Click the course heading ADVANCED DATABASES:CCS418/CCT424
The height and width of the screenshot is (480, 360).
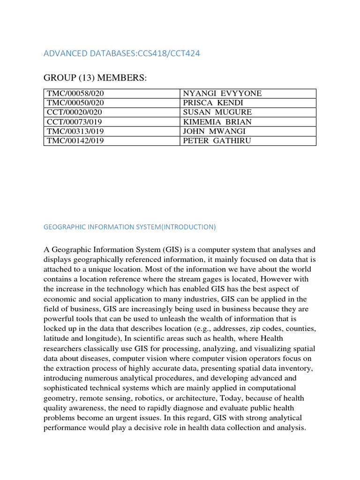coord(121,53)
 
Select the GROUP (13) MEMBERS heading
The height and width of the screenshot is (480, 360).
coord(95,77)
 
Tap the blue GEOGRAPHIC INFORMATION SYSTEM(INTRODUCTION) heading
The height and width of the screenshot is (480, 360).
coord(129,227)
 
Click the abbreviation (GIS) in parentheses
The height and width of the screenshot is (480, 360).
coord(172,250)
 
